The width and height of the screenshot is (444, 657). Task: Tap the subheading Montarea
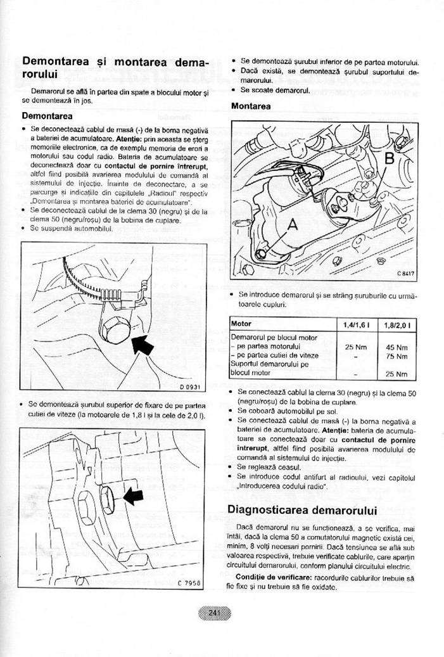pos(250,106)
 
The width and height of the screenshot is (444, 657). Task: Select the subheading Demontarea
pos(47,116)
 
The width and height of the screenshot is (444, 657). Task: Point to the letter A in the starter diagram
pos(293,224)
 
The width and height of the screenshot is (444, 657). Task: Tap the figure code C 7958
pos(187,582)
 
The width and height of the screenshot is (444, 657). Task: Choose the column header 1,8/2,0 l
pos(396,325)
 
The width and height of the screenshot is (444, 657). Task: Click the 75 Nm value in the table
pos(396,356)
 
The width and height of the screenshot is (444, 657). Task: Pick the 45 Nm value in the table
pos(396,347)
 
